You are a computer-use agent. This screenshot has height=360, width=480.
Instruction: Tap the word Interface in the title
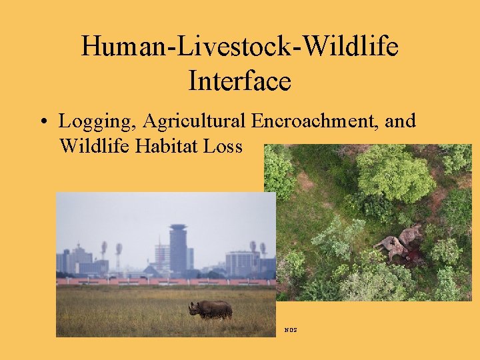(x=239, y=81)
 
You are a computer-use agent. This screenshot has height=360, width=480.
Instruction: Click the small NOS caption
(x=290, y=330)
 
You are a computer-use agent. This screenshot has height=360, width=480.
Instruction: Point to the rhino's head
(x=194, y=309)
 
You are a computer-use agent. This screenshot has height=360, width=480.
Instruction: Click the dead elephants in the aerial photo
(x=400, y=243)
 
